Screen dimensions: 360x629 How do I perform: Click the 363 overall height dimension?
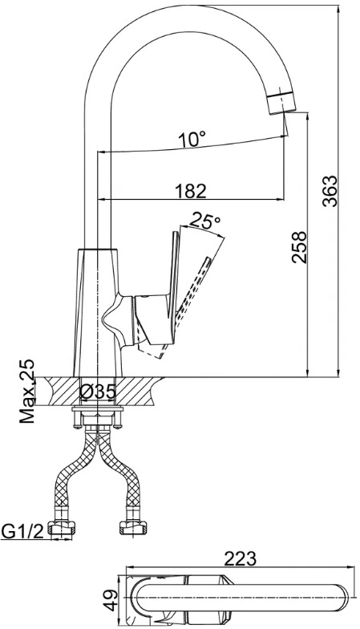coord(331,191)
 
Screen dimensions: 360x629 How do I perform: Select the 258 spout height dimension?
coord(299,247)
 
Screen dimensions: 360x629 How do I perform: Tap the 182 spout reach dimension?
coord(191,191)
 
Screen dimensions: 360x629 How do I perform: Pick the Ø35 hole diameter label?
coord(98,392)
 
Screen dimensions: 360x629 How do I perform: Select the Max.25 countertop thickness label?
coord(27,392)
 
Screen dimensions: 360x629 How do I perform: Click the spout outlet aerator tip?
coord(282,103)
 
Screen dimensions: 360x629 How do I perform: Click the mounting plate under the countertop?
coord(98,409)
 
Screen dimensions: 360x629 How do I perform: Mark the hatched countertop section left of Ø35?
coord(59,392)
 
